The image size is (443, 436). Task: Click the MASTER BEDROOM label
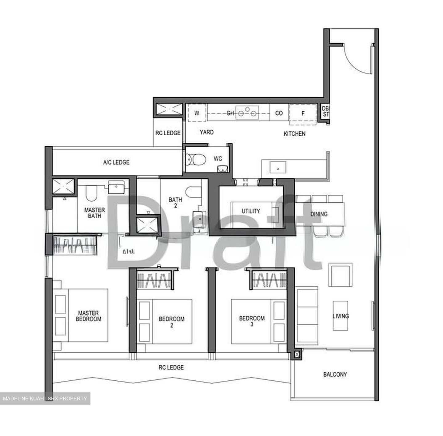(x=89, y=316)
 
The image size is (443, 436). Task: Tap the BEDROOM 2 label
(x=172, y=322)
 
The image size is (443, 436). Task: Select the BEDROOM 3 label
(x=252, y=321)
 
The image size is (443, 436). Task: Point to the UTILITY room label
(x=251, y=211)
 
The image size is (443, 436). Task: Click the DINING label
(x=319, y=214)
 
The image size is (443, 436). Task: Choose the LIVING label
(x=341, y=316)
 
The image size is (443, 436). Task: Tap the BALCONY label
(x=335, y=375)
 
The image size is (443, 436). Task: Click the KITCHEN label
(x=294, y=133)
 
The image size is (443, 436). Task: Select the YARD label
(x=207, y=132)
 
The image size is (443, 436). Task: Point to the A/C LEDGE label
(x=116, y=162)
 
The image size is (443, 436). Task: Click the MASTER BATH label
(x=94, y=213)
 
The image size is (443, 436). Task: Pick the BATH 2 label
(x=175, y=203)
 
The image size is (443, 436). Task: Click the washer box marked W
(x=197, y=113)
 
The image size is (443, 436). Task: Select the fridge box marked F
(x=303, y=114)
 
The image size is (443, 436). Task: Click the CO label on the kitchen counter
(x=279, y=113)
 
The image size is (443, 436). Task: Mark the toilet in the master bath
(x=91, y=193)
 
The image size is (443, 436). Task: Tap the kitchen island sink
(x=278, y=167)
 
